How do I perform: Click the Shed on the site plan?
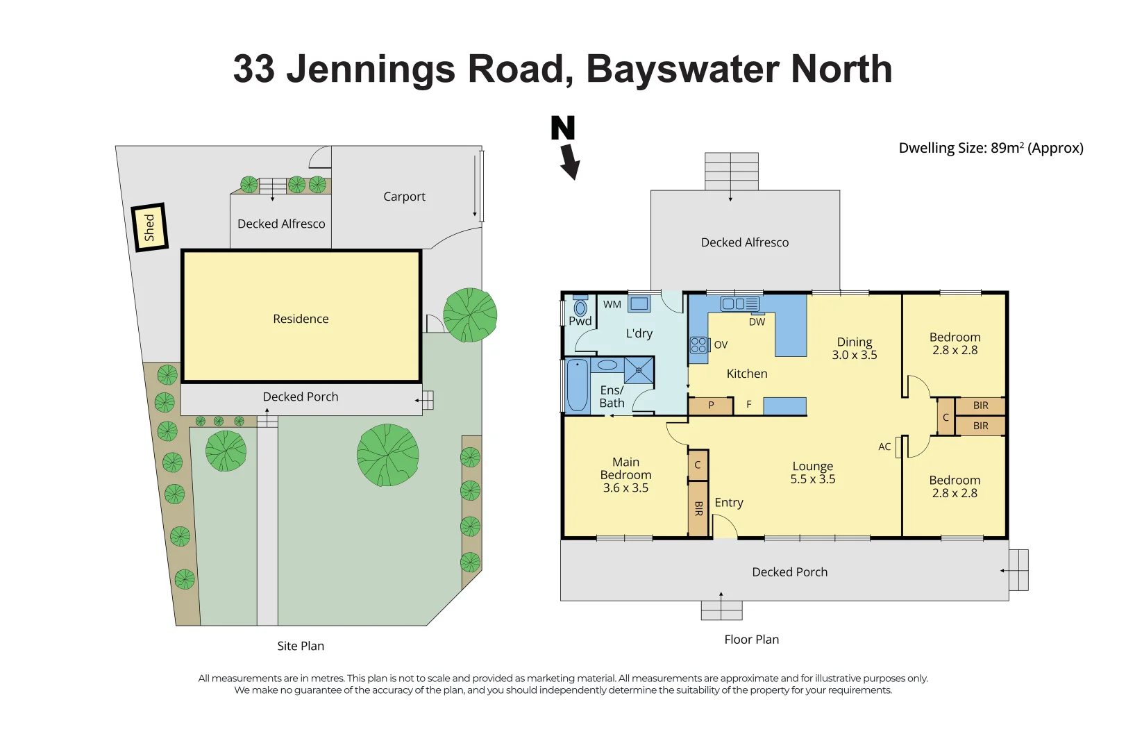[149, 227]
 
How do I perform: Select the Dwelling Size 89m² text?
[990, 148]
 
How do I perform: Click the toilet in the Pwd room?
[580, 307]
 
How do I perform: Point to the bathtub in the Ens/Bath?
[577, 385]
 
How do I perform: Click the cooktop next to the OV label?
[698, 345]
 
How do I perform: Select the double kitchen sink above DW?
[740, 304]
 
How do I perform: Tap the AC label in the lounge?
[884, 447]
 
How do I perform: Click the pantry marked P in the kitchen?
[711, 406]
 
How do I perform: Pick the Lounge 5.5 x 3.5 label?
[812, 473]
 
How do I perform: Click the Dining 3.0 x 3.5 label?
[855, 349]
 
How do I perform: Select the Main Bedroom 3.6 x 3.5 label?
[625, 475]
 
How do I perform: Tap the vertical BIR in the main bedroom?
[698, 508]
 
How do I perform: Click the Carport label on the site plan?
[404, 197]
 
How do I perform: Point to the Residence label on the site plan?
[301, 319]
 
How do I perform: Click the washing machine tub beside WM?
[639, 304]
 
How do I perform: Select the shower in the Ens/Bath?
[639, 370]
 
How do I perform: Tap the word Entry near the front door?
[729, 503]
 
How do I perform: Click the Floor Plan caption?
[751, 640]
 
